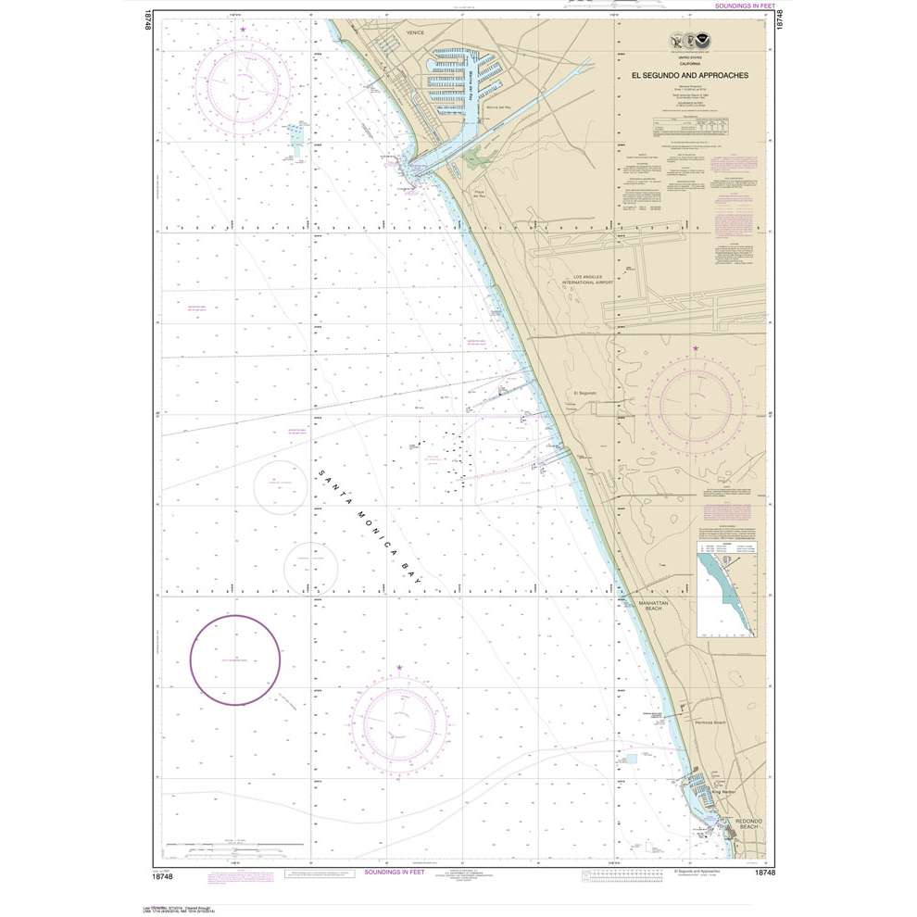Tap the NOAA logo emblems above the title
pyautogui.click(x=689, y=43)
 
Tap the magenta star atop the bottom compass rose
pyautogui.click(x=400, y=667)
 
